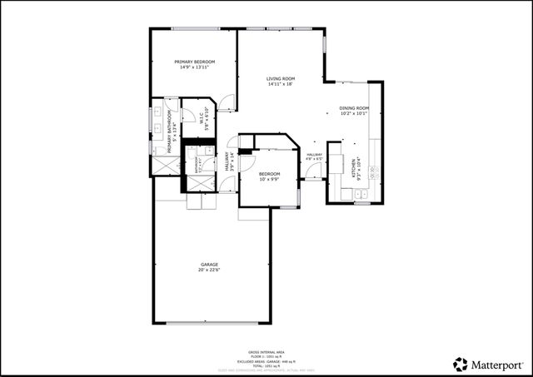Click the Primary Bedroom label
pyautogui.click(x=195, y=62)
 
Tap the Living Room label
pyautogui.click(x=281, y=79)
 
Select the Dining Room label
pyautogui.click(x=353, y=108)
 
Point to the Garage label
pyautogui.click(x=208, y=265)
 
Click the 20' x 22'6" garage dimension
pyautogui.click(x=208, y=270)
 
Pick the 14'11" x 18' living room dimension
pyautogui.click(x=281, y=84)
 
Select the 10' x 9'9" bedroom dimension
pyautogui.click(x=269, y=179)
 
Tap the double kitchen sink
pyautogui.click(x=361, y=196)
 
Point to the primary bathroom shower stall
pyautogui.click(x=163, y=165)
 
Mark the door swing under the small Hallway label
pyautogui.click(x=314, y=171)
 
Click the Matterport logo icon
pyautogui.click(x=461, y=364)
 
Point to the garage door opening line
pyautogui.click(x=212, y=324)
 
